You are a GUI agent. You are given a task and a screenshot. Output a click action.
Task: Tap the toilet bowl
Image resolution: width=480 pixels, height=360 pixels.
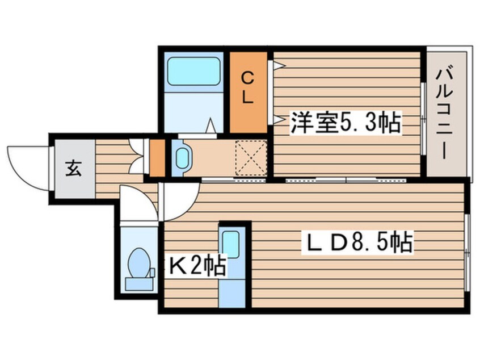click(139, 263)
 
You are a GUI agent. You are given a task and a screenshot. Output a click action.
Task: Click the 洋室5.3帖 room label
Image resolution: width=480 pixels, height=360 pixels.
click(346, 123)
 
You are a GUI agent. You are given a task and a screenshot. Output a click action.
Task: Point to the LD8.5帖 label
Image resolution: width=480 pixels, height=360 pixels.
click(357, 242)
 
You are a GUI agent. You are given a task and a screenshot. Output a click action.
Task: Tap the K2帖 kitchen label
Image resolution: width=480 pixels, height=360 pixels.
click(197, 265)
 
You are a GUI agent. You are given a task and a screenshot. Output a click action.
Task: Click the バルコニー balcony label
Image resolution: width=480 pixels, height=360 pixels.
click(444, 114)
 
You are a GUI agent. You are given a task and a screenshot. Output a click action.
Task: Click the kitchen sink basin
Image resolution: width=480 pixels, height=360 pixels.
click(230, 245)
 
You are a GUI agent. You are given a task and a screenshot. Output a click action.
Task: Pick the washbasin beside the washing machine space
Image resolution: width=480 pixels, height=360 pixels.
click(183, 158)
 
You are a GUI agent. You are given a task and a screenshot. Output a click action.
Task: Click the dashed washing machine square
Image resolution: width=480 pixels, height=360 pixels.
click(251, 158)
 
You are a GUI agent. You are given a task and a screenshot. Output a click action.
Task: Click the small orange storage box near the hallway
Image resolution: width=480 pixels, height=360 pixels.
click(157, 158)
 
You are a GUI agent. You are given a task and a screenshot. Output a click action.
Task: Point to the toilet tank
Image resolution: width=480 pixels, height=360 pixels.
click(139, 284)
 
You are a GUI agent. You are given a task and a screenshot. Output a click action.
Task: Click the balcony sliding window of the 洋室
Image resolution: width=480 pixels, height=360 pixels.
click(423, 119)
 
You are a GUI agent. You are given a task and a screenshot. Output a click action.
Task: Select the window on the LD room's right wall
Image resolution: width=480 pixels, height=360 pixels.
click(467, 253)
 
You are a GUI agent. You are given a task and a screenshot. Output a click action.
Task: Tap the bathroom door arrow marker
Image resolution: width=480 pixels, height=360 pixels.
click(210, 125)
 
